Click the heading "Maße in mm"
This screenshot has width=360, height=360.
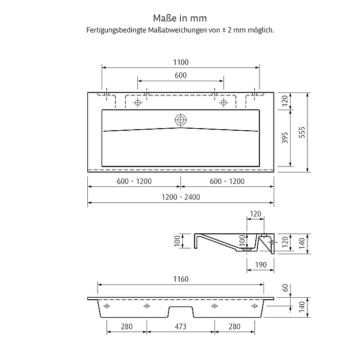coord(180,18)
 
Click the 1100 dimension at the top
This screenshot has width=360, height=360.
coord(181,62)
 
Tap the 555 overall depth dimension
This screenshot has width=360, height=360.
coord(302,132)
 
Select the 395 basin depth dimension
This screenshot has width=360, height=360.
coord(285,138)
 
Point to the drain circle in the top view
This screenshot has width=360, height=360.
coord(180,119)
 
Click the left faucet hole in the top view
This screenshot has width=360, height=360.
coord(137,103)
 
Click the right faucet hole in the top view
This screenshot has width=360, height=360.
coord(223,103)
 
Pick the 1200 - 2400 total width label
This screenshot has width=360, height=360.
coord(181,197)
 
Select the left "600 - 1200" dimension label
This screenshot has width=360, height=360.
coord(134,181)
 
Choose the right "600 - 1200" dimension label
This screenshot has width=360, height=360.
coord(227,181)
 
